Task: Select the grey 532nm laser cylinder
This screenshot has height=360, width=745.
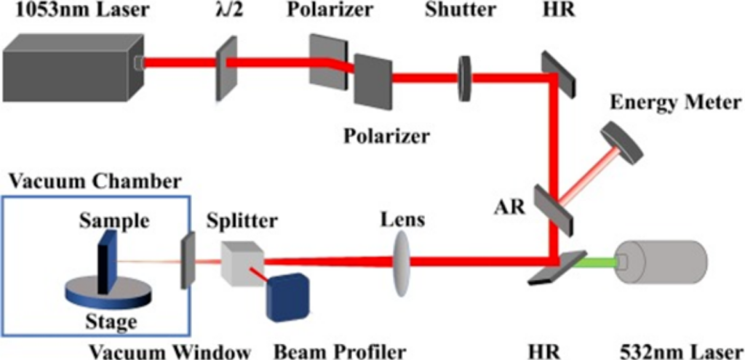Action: click(662, 261)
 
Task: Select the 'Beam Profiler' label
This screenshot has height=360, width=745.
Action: click(339, 351)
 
